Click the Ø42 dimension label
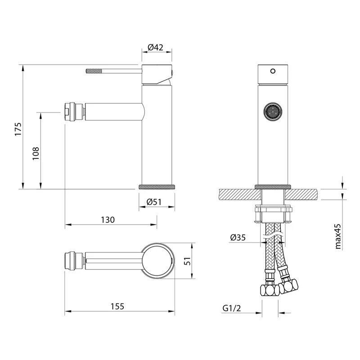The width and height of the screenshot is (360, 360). point(155,47)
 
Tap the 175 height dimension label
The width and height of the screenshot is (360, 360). point(18,129)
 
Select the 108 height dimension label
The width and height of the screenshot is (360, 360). point(36,153)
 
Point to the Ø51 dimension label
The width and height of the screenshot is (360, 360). point(154,202)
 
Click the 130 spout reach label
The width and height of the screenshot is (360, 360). point(108,220)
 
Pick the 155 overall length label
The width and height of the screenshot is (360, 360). point(117,306)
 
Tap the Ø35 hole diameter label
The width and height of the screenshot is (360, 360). point(238,237)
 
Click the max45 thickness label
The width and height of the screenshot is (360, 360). point(338,237)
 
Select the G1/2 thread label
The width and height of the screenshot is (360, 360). point(232,308)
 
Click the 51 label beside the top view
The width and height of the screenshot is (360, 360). point(188,261)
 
